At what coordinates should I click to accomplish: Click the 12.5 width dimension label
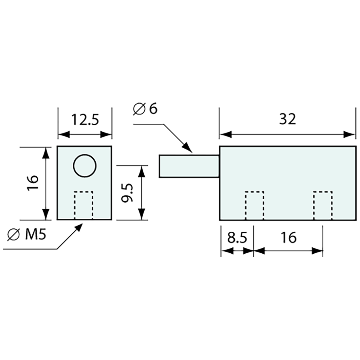pos(85,120)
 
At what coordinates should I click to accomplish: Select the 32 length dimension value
pos(288,119)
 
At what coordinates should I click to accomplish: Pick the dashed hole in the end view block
pos(84,205)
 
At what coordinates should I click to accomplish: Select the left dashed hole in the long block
pos(255,205)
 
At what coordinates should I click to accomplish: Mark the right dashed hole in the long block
pos(323,205)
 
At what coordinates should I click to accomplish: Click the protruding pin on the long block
pos(189,166)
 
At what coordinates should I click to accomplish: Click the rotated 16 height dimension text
pos(34,183)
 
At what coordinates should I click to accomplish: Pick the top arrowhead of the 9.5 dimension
pos(141,171)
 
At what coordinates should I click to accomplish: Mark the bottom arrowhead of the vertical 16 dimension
pos(45,215)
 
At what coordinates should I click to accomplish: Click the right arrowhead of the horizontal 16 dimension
pos(318,251)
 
